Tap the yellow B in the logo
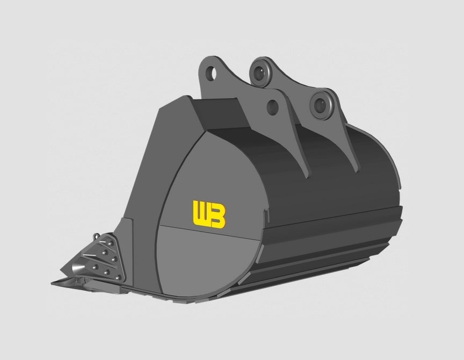218,216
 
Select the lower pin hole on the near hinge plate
272,107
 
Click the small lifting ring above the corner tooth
96,236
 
